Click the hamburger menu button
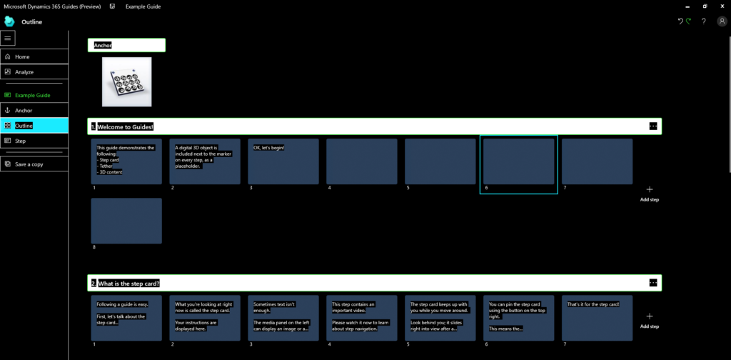pos(9,38)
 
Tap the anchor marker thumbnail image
pos(126,82)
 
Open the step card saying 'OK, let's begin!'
pos(283,161)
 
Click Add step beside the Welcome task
pos(650,193)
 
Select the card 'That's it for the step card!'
pos(597,318)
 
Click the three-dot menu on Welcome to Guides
pos(652,126)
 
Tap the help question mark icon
pos(703,21)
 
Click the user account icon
pos(722,21)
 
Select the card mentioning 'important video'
pos(362,318)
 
